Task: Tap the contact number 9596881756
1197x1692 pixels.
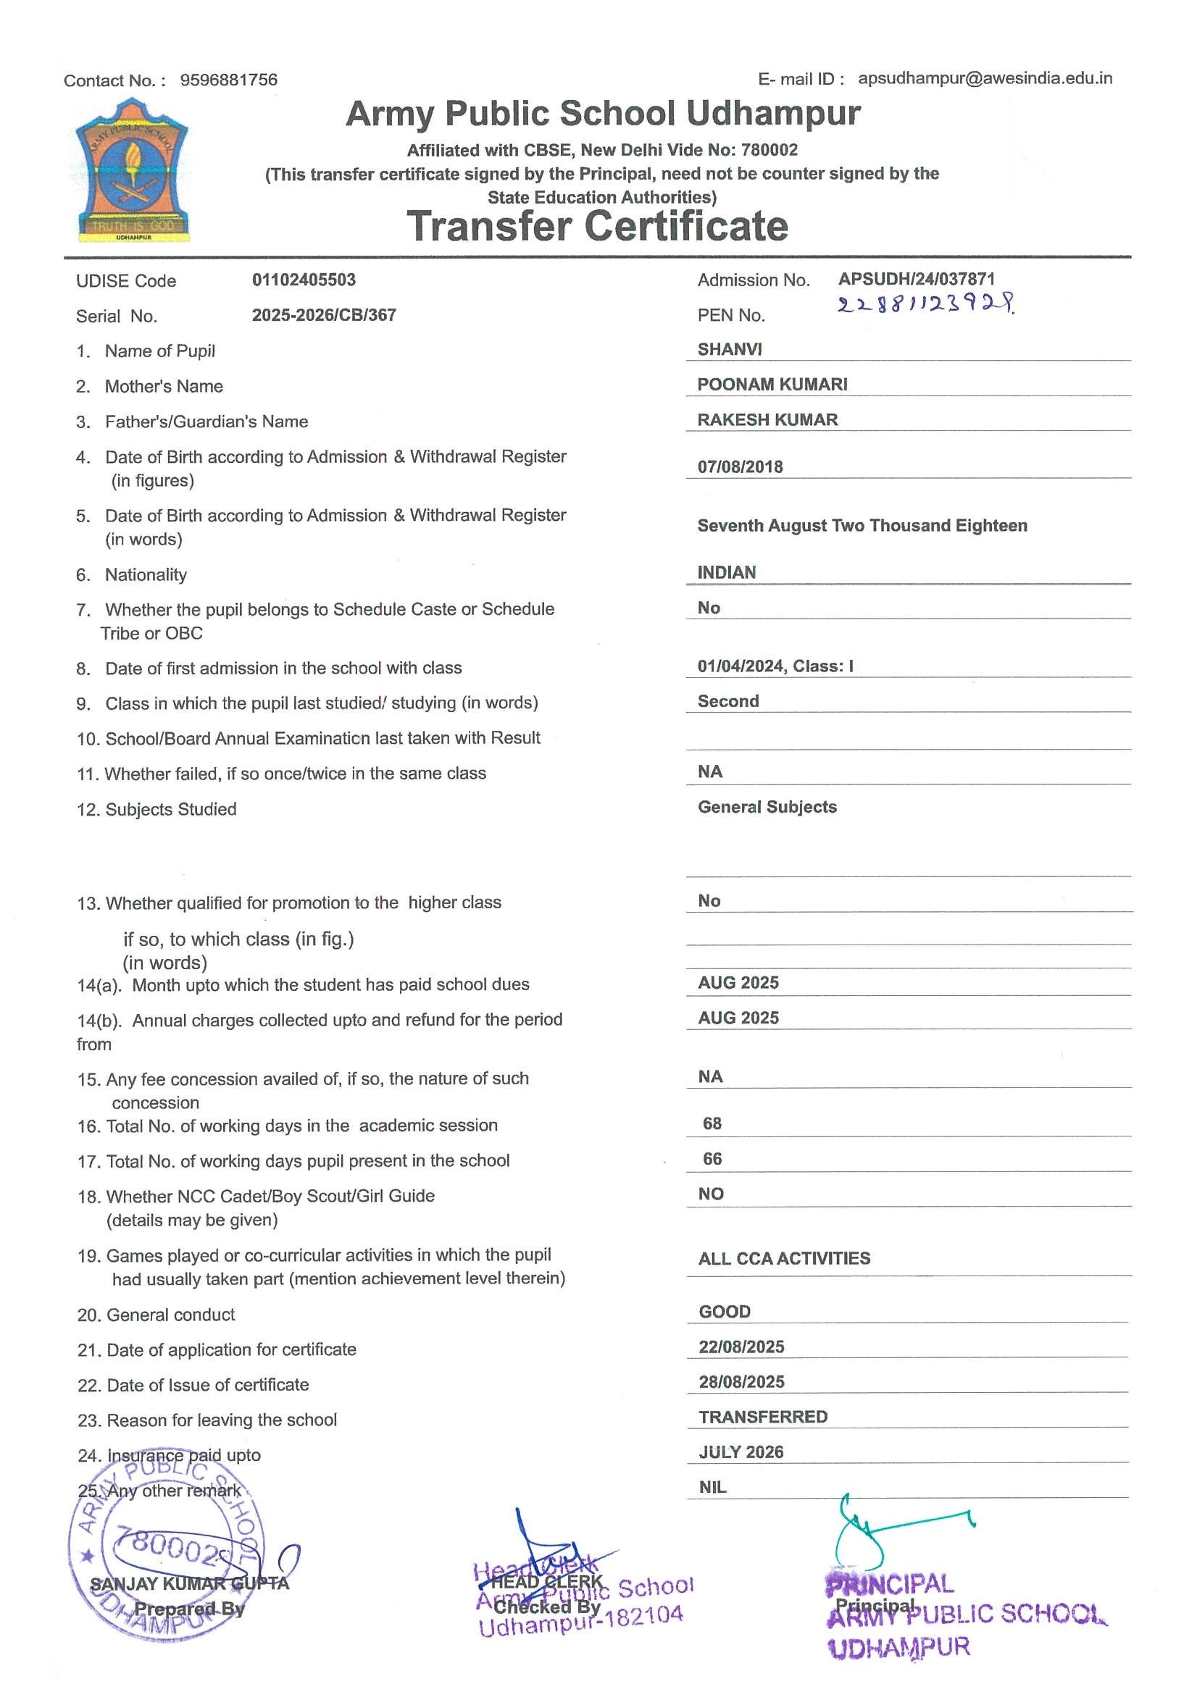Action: (x=228, y=80)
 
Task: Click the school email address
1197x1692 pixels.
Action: (x=985, y=78)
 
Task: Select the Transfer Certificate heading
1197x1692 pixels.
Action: (x=597, y=225)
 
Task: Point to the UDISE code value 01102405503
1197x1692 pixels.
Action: (x=304, y=280)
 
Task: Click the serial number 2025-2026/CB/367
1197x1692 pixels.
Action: (x=324, y=315)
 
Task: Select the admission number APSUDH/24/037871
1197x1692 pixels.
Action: (x=916, y=280)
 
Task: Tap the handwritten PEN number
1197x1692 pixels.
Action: (x=925, y=303)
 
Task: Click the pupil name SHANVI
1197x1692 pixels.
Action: (x=730, y=349)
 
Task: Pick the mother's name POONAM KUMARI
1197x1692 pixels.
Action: (x=772, y=385)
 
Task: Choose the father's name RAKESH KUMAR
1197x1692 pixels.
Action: (x=767, y=420)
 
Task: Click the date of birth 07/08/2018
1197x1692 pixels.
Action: (x=740, y=466)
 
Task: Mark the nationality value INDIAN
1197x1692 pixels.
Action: (x=727, y=573)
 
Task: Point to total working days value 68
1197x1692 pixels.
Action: (x=712, y=1124)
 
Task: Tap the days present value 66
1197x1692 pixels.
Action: (x=712, y=1159)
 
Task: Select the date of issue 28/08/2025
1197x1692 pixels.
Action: (x=741, y=1382)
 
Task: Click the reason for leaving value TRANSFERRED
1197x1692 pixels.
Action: (x=763, y=1417)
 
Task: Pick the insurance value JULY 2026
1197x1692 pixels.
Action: (x=741, y=1452)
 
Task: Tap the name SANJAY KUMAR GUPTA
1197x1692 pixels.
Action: (x=189, y=1583)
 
